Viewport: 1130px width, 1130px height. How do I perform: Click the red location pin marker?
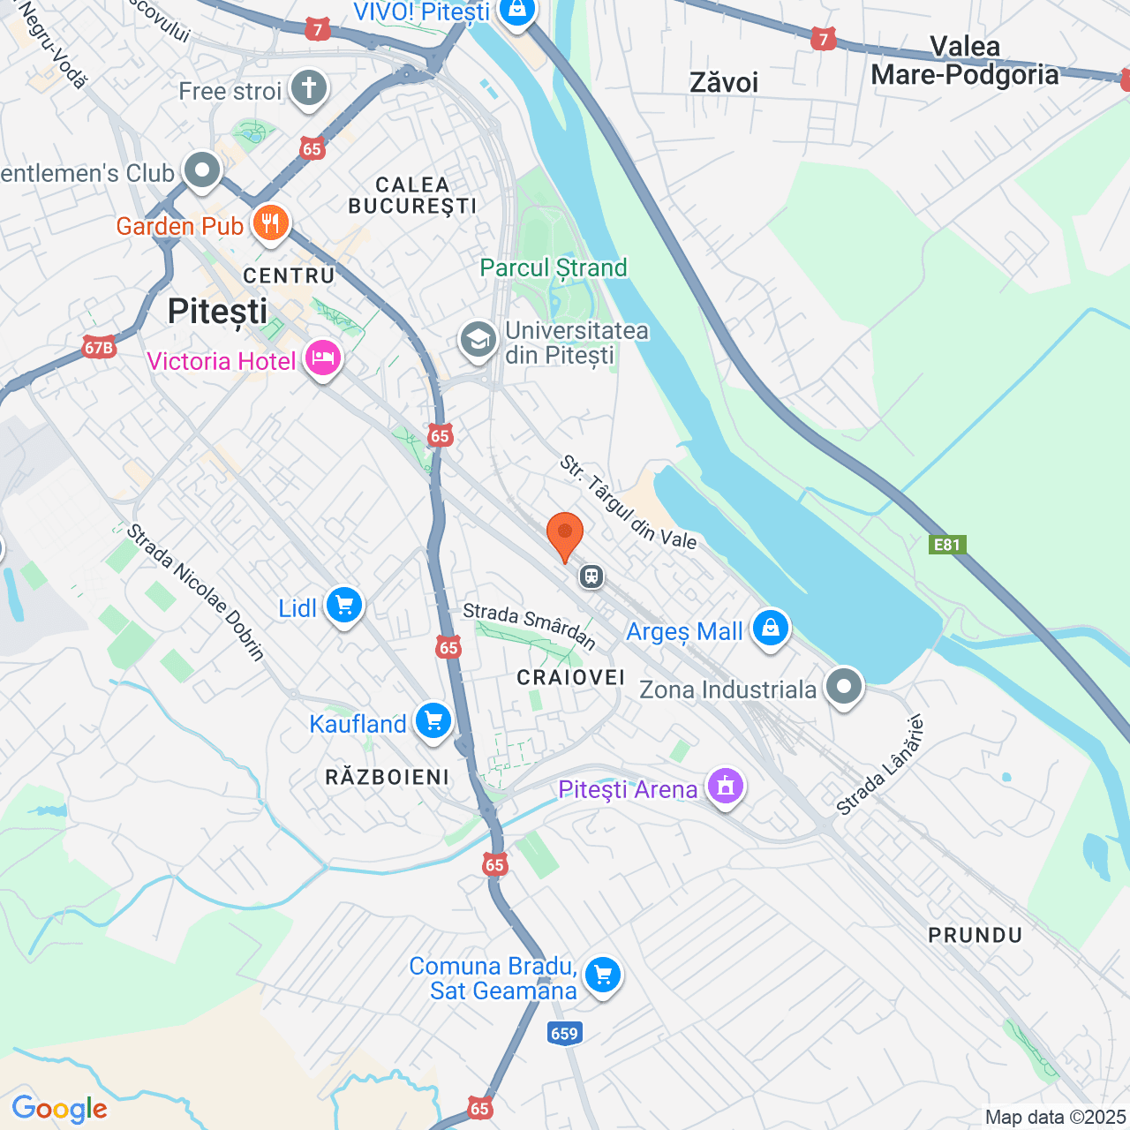coord(565,536)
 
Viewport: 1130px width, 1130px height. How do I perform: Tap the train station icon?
coord(591,576)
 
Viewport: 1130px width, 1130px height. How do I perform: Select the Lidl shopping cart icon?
coord(344,606)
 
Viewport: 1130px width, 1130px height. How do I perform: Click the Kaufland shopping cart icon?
coord(433,721)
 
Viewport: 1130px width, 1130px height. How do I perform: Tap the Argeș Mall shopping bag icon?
coord(771,629)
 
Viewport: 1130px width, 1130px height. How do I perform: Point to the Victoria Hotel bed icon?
coord(323,358)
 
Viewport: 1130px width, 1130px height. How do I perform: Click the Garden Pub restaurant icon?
coord(271,223)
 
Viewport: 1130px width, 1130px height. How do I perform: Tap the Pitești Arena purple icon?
coord(725,786)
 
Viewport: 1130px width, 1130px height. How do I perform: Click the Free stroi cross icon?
coord(309,88)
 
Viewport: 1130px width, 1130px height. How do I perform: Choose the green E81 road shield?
coord(946,545)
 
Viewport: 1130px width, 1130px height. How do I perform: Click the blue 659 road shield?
coord(564,1034)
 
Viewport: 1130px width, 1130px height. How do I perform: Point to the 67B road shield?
coord(99,348)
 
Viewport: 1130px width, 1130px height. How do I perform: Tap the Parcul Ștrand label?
coord(554,267)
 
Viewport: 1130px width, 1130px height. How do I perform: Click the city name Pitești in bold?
coord(217,312)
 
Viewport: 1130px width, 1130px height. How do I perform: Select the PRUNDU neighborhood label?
coord(975,935)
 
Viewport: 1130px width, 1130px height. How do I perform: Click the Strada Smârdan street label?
coord(529,624)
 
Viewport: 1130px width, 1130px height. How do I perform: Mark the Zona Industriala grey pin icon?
coord(844,686)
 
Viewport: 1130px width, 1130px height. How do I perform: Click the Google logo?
coord(59,1109)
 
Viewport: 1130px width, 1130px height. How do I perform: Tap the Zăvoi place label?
coord(724,83)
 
